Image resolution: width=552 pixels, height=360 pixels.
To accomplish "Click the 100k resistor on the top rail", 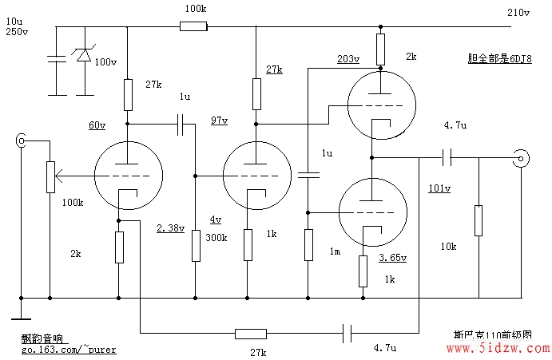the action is [193, 26].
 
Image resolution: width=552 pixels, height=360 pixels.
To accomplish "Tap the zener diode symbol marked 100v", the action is [84, 54].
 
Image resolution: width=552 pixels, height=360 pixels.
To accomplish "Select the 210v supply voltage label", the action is [518, 13].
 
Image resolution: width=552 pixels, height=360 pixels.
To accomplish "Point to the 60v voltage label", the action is [97, 125].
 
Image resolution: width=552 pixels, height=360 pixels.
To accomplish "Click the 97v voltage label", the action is [220, 121].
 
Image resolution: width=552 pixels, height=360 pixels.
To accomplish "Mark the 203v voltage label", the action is [348, 59].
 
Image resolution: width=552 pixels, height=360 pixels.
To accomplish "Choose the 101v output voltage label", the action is [439, 188].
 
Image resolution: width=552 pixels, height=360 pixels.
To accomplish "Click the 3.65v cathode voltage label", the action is [392, 258].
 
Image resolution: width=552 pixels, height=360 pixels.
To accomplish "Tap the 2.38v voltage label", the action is [170, 228].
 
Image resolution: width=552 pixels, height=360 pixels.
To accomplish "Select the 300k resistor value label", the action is [216, 238].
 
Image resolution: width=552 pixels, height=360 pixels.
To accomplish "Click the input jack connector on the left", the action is [21, 140].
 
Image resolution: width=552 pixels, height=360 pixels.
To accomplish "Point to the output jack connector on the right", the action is [521, 159].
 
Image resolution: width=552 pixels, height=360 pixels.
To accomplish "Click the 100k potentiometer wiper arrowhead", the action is [59, 176].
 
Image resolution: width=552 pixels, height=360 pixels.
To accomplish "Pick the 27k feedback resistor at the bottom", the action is [251, 334].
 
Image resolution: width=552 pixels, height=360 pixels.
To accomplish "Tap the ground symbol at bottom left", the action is [21, 319].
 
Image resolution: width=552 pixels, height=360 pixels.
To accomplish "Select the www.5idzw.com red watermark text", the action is [498, 348].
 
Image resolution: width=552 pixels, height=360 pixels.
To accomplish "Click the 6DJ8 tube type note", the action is [499, 58].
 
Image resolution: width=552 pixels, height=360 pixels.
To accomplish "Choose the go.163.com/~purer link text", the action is [69, 350].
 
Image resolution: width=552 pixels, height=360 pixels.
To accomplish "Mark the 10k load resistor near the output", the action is [479, 220].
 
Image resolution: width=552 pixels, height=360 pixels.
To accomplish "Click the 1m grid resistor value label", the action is [335, 251].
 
